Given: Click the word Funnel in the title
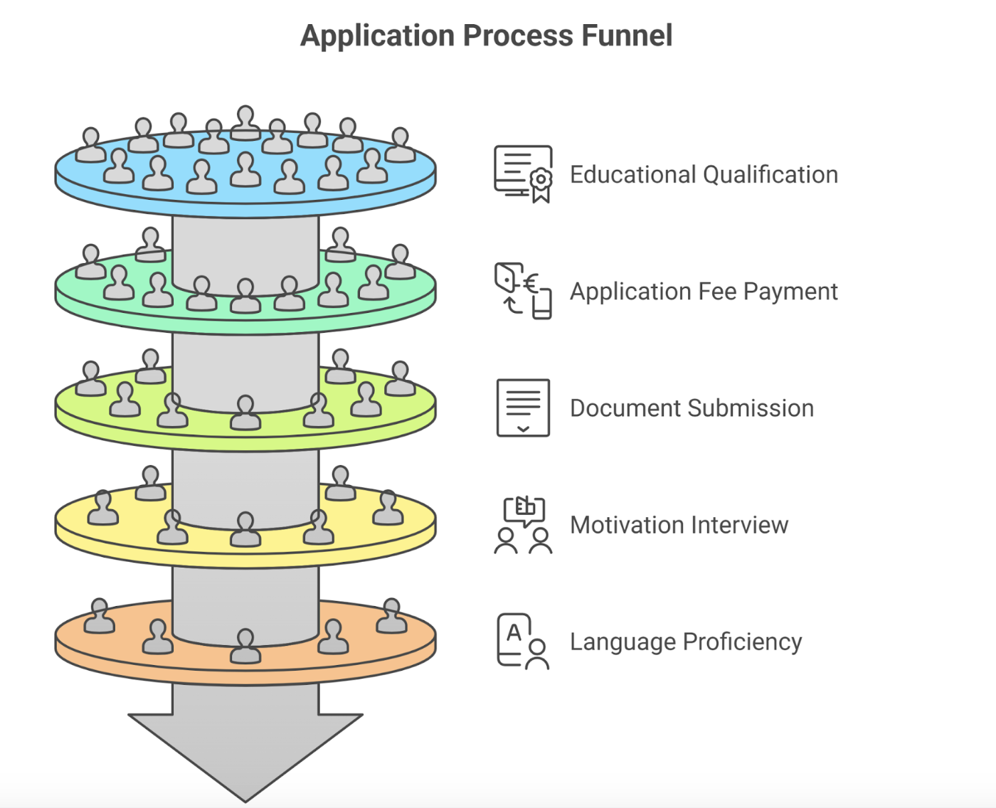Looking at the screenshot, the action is (x=627, y=36).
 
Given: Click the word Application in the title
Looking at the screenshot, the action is (x=377, y=37).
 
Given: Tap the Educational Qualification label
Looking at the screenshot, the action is (x=704, y=175).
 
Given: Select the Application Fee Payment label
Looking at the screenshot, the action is (x=704, y=292).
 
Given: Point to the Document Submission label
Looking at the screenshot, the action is (x=692, y=408).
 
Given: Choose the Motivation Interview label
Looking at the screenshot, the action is (x=679, y=525).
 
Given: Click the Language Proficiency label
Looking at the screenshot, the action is (x=686, y=642).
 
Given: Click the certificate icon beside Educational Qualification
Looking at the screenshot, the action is (x=523, y=174).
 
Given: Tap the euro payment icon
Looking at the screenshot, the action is (x=523, y=291).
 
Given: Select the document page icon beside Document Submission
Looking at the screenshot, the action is (x=523, y=408).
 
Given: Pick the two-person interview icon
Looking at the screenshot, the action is (x=523, y=525).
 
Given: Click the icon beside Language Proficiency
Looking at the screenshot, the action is (x=523, y=641).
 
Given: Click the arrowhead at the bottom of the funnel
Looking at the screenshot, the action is (x=245, y=757).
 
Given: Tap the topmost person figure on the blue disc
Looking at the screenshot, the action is (x=245, y=122).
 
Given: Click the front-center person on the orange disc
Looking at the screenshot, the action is (x=245, y=646).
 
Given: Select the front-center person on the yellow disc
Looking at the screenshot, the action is (x=245, y=529).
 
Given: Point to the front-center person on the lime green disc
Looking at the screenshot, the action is (x=245, y=412).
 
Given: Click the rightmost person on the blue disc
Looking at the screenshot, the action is (x=401, y=144).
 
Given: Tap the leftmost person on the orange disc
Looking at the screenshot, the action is (x=99, y=615).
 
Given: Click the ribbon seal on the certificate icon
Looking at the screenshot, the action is (x=541, y=186).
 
